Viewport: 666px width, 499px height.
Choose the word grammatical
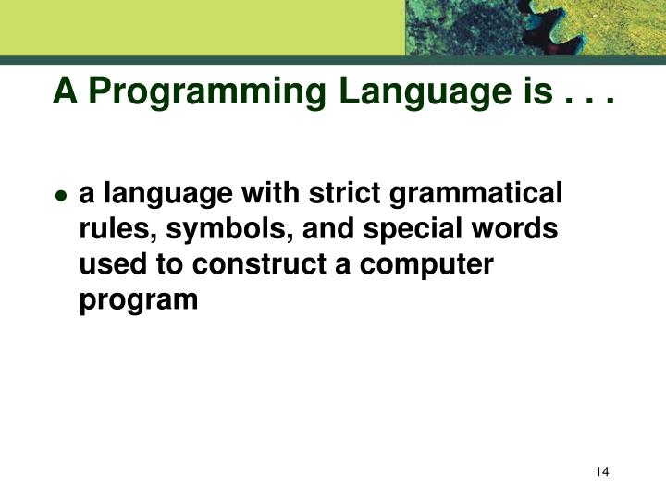[478, 195]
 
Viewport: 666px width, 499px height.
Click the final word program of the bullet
[139, 301]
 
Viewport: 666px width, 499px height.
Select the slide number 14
[602, 473]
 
